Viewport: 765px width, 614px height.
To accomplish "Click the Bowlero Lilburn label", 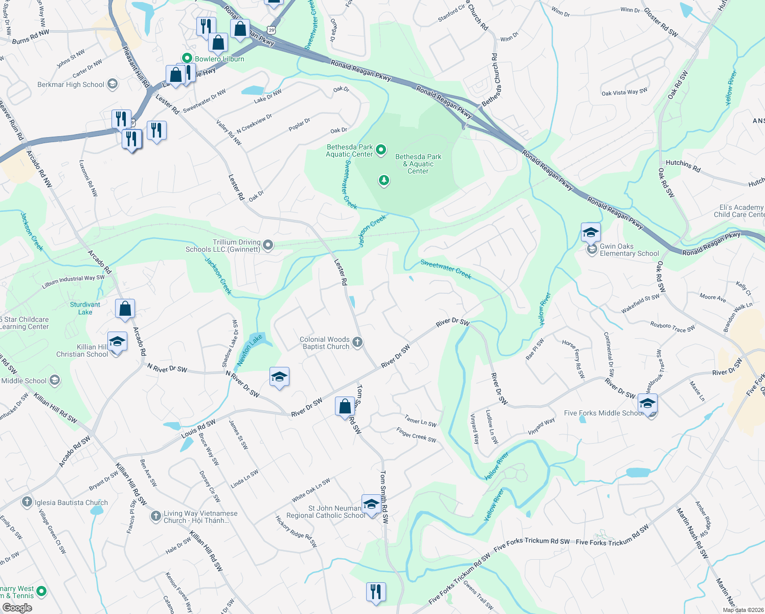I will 219,59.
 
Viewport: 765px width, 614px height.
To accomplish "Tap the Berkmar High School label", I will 71,84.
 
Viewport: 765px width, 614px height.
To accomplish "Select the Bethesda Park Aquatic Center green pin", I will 381,150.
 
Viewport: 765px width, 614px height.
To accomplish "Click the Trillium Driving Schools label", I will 223,246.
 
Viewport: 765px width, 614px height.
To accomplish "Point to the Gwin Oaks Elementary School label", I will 629,250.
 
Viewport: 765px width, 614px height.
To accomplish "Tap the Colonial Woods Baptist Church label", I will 324,343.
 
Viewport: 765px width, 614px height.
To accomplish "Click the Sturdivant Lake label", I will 85,308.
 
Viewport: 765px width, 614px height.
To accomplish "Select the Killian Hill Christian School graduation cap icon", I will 117,342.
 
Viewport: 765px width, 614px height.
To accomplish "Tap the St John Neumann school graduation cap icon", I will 371,505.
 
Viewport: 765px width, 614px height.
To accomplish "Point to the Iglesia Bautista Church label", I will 71,502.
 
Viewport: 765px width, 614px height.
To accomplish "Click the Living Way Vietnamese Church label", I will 200,517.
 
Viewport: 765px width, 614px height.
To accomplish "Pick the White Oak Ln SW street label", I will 311,490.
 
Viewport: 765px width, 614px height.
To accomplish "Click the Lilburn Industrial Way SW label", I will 73,282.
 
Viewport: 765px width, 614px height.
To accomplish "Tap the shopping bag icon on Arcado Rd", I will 125,309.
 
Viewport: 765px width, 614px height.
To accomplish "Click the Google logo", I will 17,608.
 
